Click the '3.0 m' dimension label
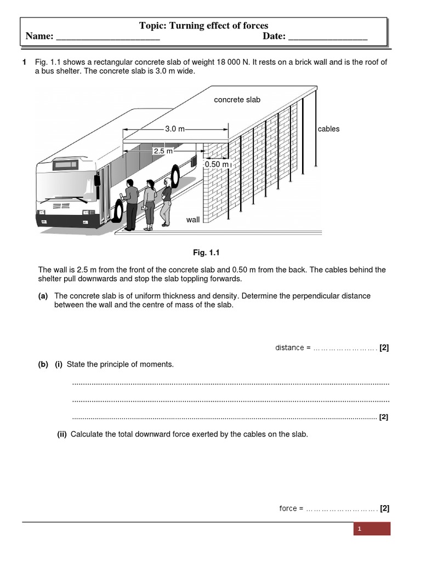(x=175, y=129)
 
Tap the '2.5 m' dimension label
(x=163, y=151)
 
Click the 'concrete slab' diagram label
(x=237, y=100)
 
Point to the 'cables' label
(x=328, y=129)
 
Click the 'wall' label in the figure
(x=193, y=220)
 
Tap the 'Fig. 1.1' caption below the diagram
(x=206, y=253)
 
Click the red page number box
(x=371, y=529)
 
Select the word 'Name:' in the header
(x=39, y=36)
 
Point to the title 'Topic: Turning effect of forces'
(x=204, y=26)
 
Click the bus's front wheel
(x=118, y=211)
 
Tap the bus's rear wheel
(x=175, y=175)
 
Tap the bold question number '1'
(x=24, y=62)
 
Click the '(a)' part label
(x=43, y=296)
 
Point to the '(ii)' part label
(x=62, y=434)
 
